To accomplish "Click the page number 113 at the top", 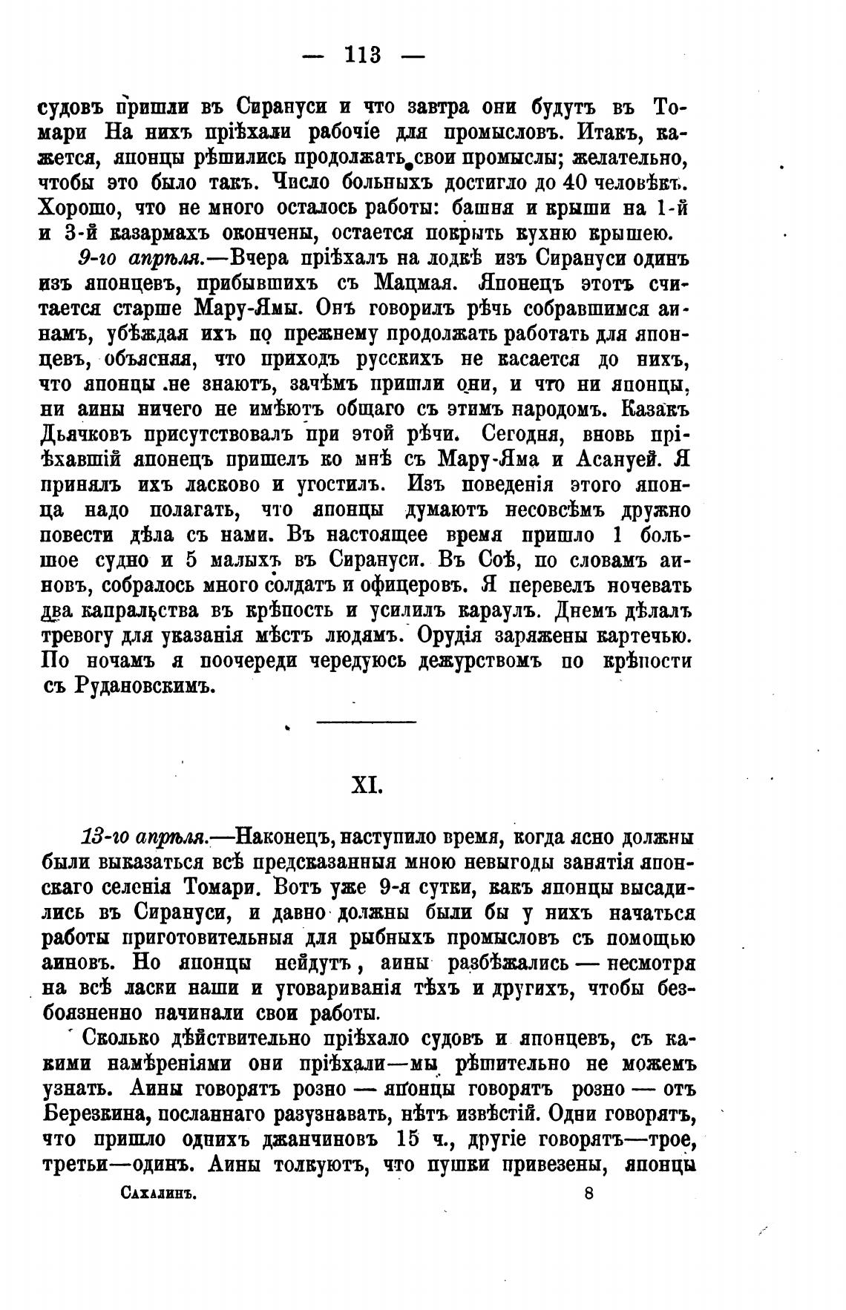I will point(363,56).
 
